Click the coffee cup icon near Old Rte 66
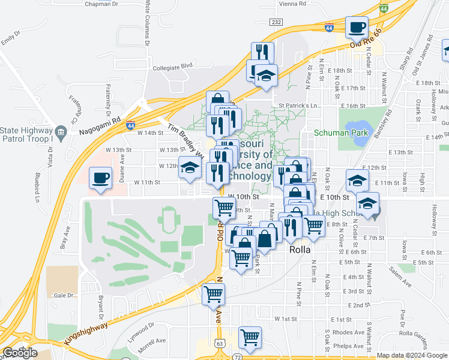click(357, 27)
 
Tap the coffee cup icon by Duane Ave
click(100, 178)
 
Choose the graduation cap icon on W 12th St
click(190, 167)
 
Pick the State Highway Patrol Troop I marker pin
click(61, 131)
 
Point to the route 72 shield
click(238, 356)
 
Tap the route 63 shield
click(220, 343)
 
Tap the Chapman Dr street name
click(103, 4)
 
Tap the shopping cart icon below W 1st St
click(249, 337)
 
